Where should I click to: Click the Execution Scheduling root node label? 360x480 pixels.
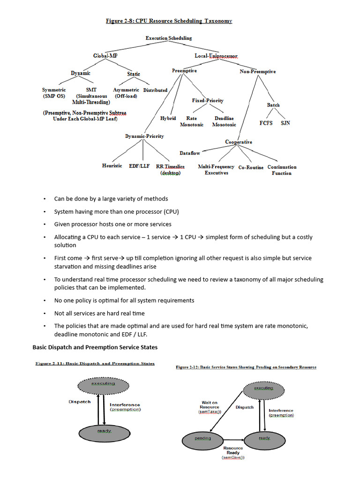168,38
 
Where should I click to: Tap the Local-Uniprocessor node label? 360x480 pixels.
216,56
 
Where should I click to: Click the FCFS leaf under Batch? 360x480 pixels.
266,123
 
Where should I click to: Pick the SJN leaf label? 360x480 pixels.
285,123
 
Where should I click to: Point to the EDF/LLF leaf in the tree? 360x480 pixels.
139,166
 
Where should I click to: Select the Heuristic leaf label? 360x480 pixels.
112,166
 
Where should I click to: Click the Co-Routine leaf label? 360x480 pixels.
251,167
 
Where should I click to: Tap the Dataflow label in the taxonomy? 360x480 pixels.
190,153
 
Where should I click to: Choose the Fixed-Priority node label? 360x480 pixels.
208,100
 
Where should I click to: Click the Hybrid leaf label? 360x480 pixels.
168,119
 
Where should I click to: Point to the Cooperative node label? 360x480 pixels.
238,142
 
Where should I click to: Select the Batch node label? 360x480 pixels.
273,105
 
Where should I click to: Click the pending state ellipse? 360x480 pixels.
203,439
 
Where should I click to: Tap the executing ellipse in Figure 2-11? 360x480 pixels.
103,384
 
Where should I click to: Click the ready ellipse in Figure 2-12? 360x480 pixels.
264,439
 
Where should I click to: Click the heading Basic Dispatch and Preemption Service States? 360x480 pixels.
95,347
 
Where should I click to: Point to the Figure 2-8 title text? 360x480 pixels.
169,21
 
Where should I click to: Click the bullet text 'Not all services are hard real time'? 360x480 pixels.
99,313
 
